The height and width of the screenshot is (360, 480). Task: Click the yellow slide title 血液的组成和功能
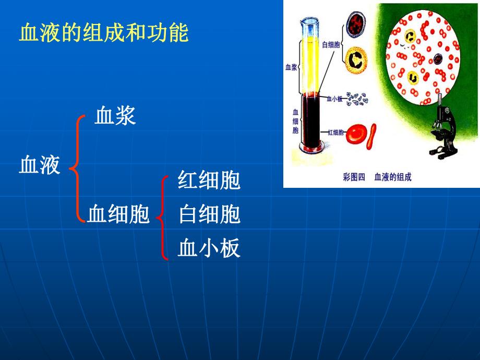pos(103,34)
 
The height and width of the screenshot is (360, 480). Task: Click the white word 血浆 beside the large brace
pos(115,116)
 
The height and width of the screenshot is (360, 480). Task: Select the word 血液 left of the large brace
pos(40,166)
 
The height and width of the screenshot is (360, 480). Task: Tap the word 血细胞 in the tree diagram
pos(118,214)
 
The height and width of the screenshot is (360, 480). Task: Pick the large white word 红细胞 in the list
pos(209,181)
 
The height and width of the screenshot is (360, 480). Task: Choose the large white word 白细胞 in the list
pos(209,214)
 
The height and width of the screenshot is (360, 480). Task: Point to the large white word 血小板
pos(209,248)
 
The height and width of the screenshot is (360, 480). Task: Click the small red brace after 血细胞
pos(164,217)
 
